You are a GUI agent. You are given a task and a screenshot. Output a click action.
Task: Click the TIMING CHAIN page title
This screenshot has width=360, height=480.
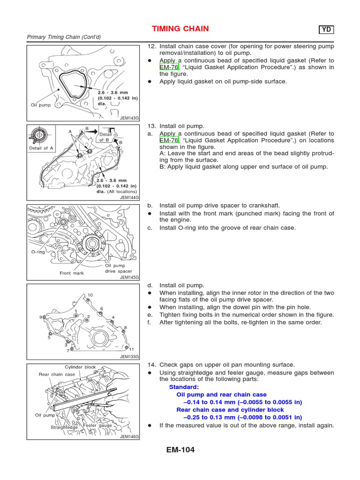coord(180,29)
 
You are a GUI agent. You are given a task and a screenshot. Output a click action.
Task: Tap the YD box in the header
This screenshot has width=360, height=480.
coord(327,30)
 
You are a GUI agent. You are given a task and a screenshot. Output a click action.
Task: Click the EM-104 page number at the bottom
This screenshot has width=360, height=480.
coord(180,450)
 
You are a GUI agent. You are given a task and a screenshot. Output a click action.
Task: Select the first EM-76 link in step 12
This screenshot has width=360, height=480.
coord(169,67)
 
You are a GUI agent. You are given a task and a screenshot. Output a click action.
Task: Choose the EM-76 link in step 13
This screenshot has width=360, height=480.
coord(169,140)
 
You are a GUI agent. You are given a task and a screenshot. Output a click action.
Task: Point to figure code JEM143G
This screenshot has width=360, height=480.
coord(130,118)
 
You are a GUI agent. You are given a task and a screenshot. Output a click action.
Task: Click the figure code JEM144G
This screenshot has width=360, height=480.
coord(130,198)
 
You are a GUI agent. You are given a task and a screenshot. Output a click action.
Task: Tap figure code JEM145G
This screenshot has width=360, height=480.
coord(130,277)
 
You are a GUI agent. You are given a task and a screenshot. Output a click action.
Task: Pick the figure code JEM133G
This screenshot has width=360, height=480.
coord(130,357)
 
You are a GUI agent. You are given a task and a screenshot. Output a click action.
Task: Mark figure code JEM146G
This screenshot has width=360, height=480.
coord(130,436)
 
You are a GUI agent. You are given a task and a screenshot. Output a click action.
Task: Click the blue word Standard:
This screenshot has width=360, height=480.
coord(184,387)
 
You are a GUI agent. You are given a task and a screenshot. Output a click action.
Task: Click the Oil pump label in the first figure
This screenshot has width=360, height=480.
coord(41,105)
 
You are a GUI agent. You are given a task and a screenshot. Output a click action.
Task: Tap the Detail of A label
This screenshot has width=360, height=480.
coord(42,148)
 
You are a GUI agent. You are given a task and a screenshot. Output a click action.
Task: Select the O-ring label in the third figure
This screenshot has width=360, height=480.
coord(37,252)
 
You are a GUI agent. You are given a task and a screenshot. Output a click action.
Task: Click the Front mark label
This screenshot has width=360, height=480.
coord(72,273)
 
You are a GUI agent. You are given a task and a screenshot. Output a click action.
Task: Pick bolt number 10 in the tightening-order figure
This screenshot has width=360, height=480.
coord(90,295)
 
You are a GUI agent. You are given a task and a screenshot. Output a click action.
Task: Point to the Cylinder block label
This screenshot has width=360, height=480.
coord(80,367)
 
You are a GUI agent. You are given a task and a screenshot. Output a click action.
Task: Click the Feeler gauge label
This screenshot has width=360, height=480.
coord(97,426)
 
